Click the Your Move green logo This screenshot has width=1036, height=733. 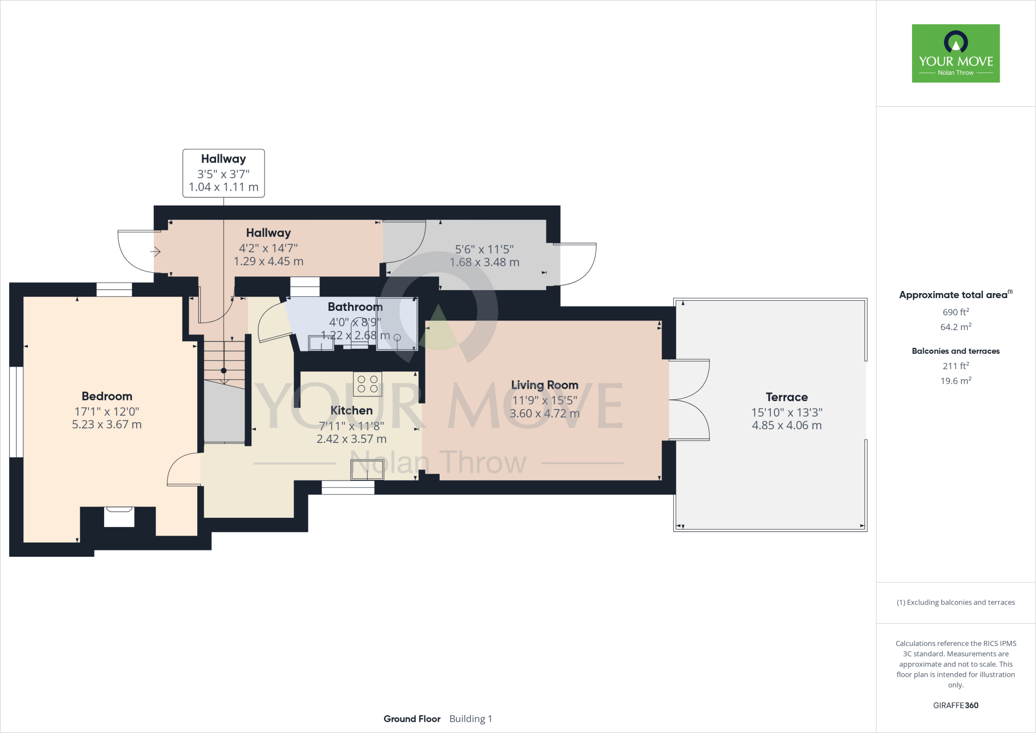[x=956, y=53]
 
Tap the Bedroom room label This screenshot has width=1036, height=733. [x=107, y=396]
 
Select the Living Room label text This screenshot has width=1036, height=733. [x=544, y=385]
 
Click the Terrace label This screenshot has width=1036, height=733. [x=786, y=397]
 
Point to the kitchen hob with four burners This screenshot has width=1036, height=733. [x=367, y=384]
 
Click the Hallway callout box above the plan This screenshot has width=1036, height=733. [x=224, y=173]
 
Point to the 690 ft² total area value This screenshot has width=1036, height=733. [x=956, y=312]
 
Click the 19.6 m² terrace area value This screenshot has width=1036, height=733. [x=956, y=381]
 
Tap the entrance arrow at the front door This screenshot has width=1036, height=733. [x=155, y=251]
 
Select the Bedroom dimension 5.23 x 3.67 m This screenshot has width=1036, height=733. [x=107, y=424]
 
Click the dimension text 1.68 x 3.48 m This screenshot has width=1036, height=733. [x=484, y=262]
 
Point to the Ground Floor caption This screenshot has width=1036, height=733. [x=412, y=719]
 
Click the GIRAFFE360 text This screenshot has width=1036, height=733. [x=956, y=705]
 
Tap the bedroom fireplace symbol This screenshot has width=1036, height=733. [x=119, y=516]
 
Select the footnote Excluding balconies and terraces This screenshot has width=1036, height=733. [x=956, y=602]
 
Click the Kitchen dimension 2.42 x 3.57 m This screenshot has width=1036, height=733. [x=351, y=439]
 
